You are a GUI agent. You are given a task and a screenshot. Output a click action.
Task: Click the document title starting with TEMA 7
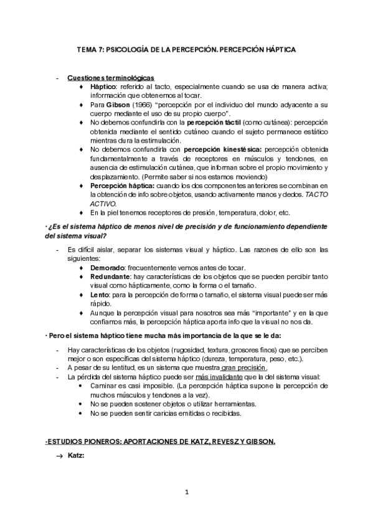click(186, 49)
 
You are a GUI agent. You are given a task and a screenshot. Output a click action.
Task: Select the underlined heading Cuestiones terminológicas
click(111, 78)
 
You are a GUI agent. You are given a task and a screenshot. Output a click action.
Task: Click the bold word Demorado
click(108, 267)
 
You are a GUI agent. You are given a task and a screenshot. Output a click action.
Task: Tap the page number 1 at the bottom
click(186, 493)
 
